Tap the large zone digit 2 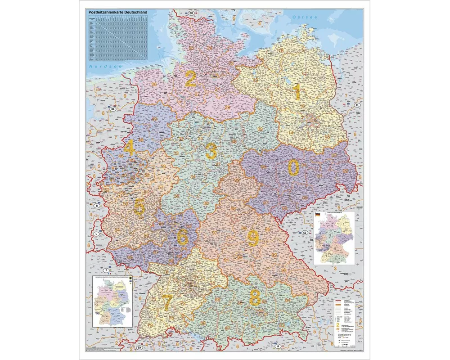(190, 80)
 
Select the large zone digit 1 (297, 92)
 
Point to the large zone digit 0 (293, 168)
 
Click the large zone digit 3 (211, 151)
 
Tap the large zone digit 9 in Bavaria (253, 238)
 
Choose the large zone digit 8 (255, 297)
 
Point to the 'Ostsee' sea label (305, 17)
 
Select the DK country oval (191, 14)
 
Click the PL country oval (358, 105)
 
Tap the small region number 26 (154, 84)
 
